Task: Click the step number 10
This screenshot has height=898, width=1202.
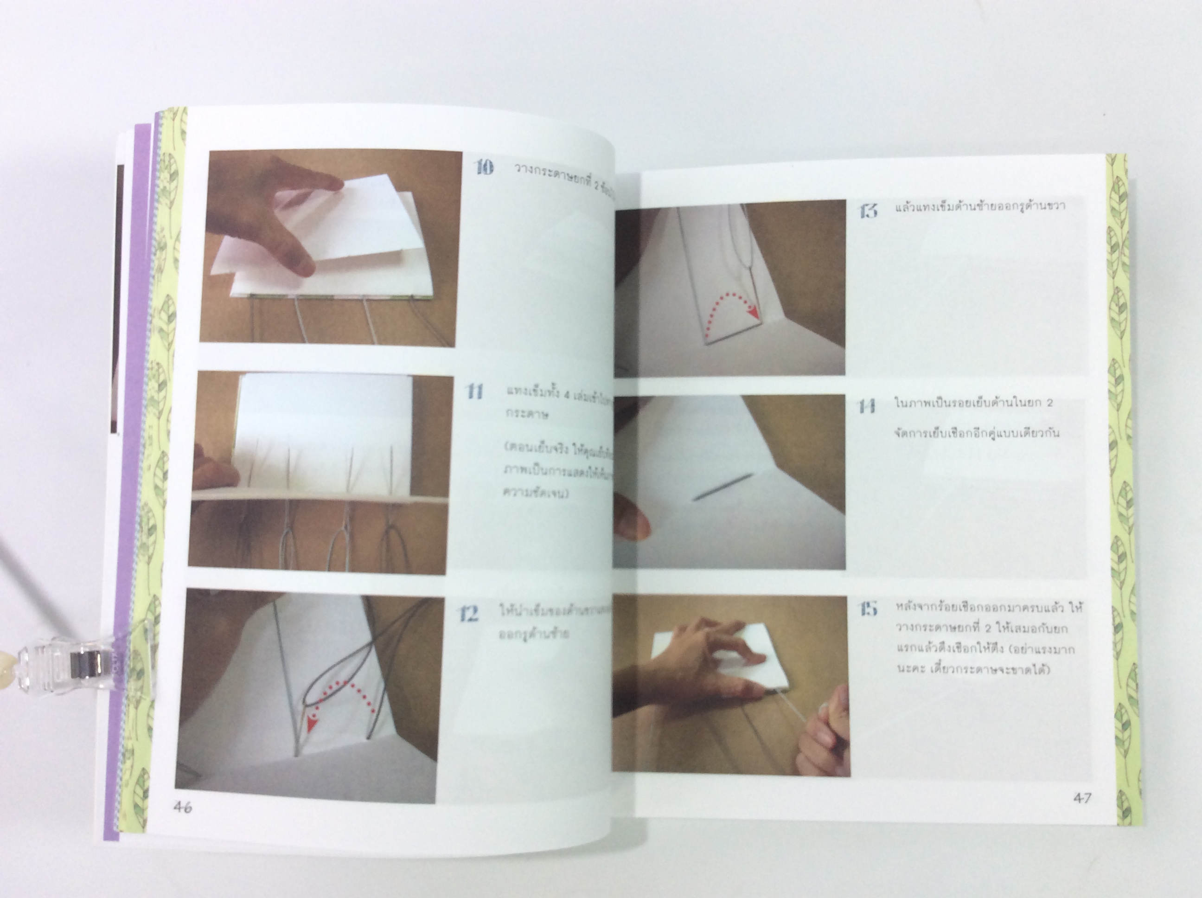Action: (484, 167)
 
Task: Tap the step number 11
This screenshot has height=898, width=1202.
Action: (475, 391)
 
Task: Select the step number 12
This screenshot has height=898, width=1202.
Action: (467, 614)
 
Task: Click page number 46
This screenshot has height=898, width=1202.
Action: (183, 808)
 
